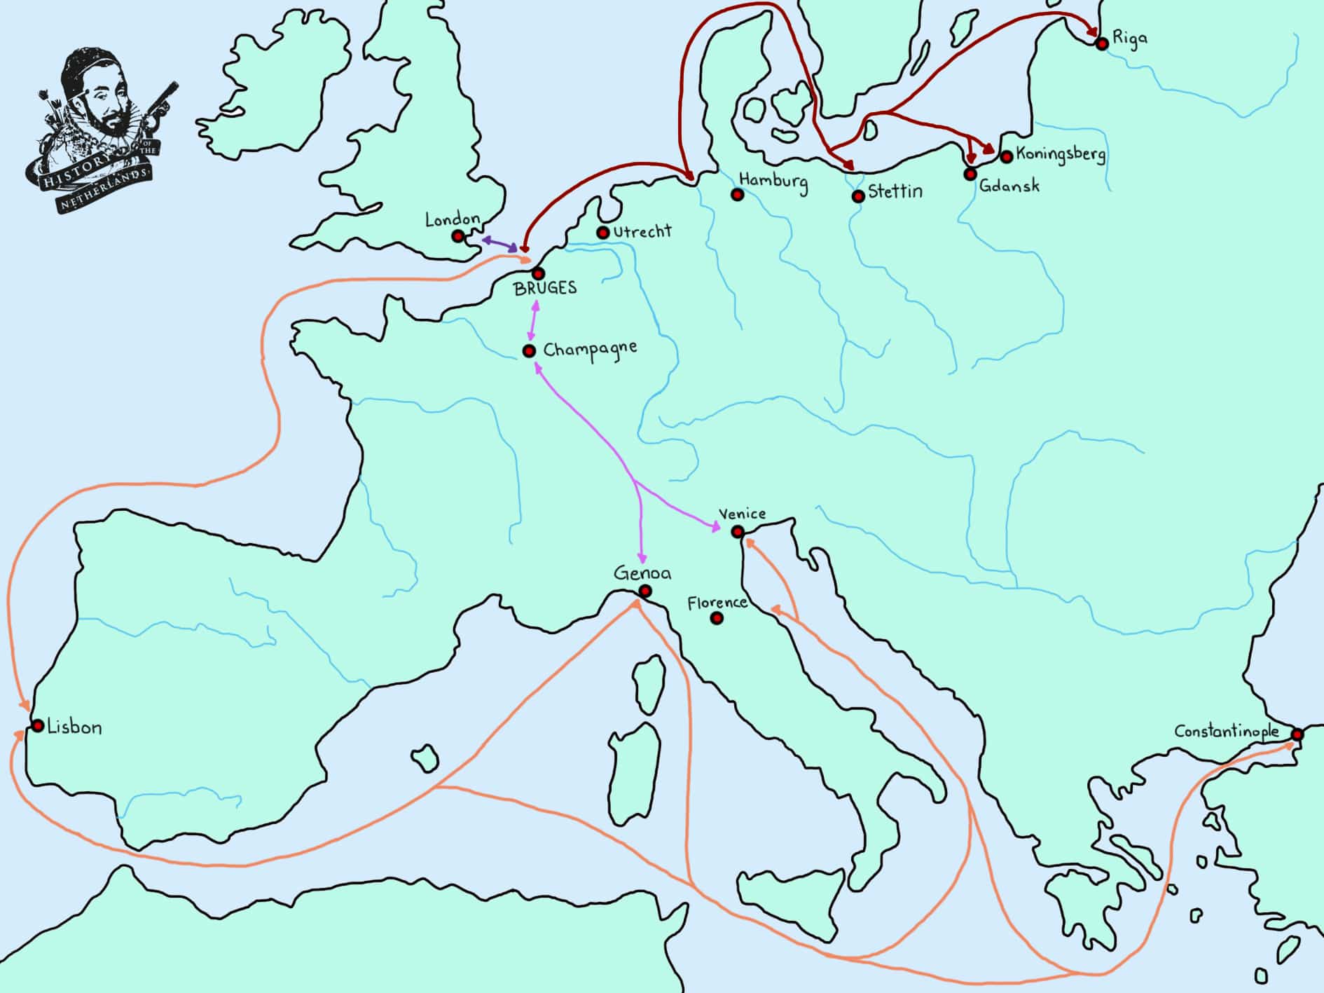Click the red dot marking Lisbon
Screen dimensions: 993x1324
coord(37,725)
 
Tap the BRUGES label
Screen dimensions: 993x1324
coord(545,288)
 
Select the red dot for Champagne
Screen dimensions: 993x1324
coord(530,350)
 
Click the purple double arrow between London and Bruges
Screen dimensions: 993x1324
coord(499,244)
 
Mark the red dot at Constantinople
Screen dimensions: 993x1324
coord(1297,734)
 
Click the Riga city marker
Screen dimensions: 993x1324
coord(1102,43)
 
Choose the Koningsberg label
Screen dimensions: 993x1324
coord(1060,153)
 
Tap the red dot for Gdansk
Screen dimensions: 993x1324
coord(970,173)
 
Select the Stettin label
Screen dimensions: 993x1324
coord(895,191)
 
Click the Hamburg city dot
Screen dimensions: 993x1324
coord(737,195)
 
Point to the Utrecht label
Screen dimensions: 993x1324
coord(642,231)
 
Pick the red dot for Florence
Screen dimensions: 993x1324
coord(717,618)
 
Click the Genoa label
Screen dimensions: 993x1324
coord(642,573)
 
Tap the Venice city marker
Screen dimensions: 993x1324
coord(738,532)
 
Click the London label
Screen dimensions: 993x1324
coord(452,220)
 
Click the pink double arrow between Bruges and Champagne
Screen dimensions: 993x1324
coord(534,321)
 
